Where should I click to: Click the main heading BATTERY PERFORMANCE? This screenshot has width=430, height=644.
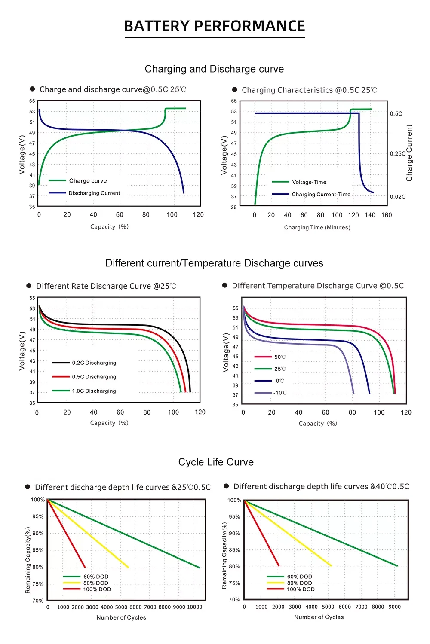coord(215,26)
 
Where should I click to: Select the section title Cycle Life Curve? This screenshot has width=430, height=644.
coord(216,462)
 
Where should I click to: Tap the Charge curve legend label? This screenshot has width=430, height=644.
coord(88,181)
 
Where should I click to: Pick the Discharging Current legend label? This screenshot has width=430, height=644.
coord(94,193)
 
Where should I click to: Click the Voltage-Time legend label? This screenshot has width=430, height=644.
coord(309,182)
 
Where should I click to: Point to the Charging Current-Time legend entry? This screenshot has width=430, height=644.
coord(321,195)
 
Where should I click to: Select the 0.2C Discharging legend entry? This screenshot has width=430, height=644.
coord(94,363)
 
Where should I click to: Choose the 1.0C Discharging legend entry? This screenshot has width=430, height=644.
coord(94,391)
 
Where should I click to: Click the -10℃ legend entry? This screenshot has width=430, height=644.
coord(280,393)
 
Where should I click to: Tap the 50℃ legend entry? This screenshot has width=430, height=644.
coord(280,357)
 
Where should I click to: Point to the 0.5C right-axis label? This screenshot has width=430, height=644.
coord(396,114)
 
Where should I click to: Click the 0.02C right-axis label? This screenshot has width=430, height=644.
coord(398,197)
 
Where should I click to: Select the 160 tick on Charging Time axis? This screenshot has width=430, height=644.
coord(387,215)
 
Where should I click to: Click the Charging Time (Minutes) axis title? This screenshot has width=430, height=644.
coord(317,228)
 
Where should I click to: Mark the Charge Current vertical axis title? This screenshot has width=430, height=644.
coord(409,153)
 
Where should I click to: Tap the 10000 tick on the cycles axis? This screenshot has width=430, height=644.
coord(194,607)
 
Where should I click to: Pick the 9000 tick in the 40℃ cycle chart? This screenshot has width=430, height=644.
coord(394,607)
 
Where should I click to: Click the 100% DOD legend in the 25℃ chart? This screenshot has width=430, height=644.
coord(97,589)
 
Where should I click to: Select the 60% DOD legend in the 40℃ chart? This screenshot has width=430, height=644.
coord(299,577)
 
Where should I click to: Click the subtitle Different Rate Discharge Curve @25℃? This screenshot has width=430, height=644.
coord(106,286)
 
